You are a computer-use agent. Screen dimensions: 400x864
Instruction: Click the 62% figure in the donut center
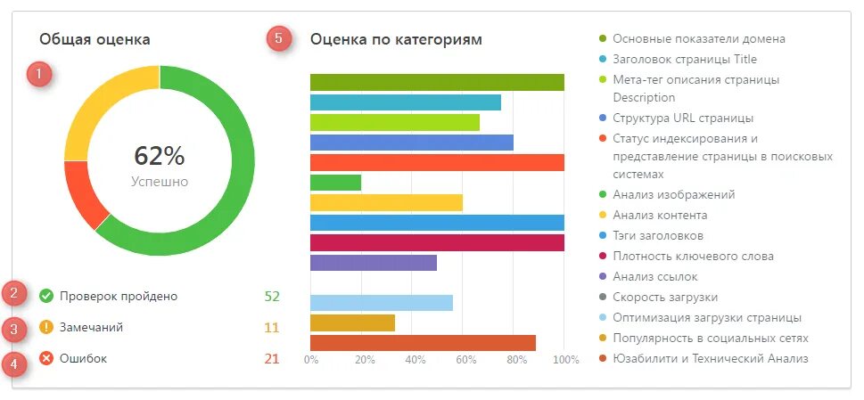click(160, 156)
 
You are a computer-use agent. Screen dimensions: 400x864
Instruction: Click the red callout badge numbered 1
click(39, 74)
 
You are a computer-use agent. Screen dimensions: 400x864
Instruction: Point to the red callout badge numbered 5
click(279, 38)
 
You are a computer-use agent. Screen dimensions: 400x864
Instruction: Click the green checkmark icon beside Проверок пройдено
click(46, 296)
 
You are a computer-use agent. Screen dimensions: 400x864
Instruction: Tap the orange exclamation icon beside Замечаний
click(46, 327)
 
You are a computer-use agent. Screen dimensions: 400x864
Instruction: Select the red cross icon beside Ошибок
click(46, 358)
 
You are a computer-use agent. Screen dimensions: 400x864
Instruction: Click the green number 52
click(272, 296)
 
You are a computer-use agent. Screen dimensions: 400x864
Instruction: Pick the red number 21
click(272, 358)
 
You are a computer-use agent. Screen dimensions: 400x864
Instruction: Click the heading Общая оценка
click(95, 39)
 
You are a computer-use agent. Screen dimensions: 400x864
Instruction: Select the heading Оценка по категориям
click(396, 39)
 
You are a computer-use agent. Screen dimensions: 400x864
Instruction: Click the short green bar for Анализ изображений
click(335, 183)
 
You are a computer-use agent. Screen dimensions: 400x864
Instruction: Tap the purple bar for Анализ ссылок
click(373, 263)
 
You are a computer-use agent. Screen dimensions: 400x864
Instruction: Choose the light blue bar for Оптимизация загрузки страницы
click(381, 302)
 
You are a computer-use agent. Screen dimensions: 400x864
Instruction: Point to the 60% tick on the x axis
click(465, 360)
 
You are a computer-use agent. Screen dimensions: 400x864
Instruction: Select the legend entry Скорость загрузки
click(665, 297)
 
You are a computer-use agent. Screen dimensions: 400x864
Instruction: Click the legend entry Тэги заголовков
click(658, 235)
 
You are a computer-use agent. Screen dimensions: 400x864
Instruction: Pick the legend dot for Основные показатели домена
click(604, 39)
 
